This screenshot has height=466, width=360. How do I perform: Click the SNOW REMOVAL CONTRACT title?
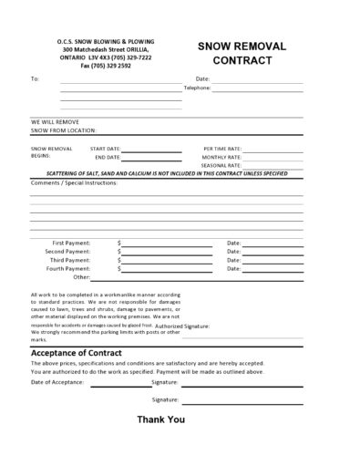coord(242,52)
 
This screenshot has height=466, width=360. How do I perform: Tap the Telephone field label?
coord(197,88)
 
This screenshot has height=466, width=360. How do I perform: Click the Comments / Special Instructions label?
coord(75,182)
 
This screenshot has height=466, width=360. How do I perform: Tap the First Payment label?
coord(72,243)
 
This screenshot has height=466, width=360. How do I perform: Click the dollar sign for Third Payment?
coord(119,260)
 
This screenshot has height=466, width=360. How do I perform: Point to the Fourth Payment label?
coord(69,269)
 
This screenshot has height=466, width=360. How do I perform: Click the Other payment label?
coord(82,277)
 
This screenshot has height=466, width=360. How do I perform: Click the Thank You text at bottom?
coord(160,419)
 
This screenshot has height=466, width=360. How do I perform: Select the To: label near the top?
coord(35,79)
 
